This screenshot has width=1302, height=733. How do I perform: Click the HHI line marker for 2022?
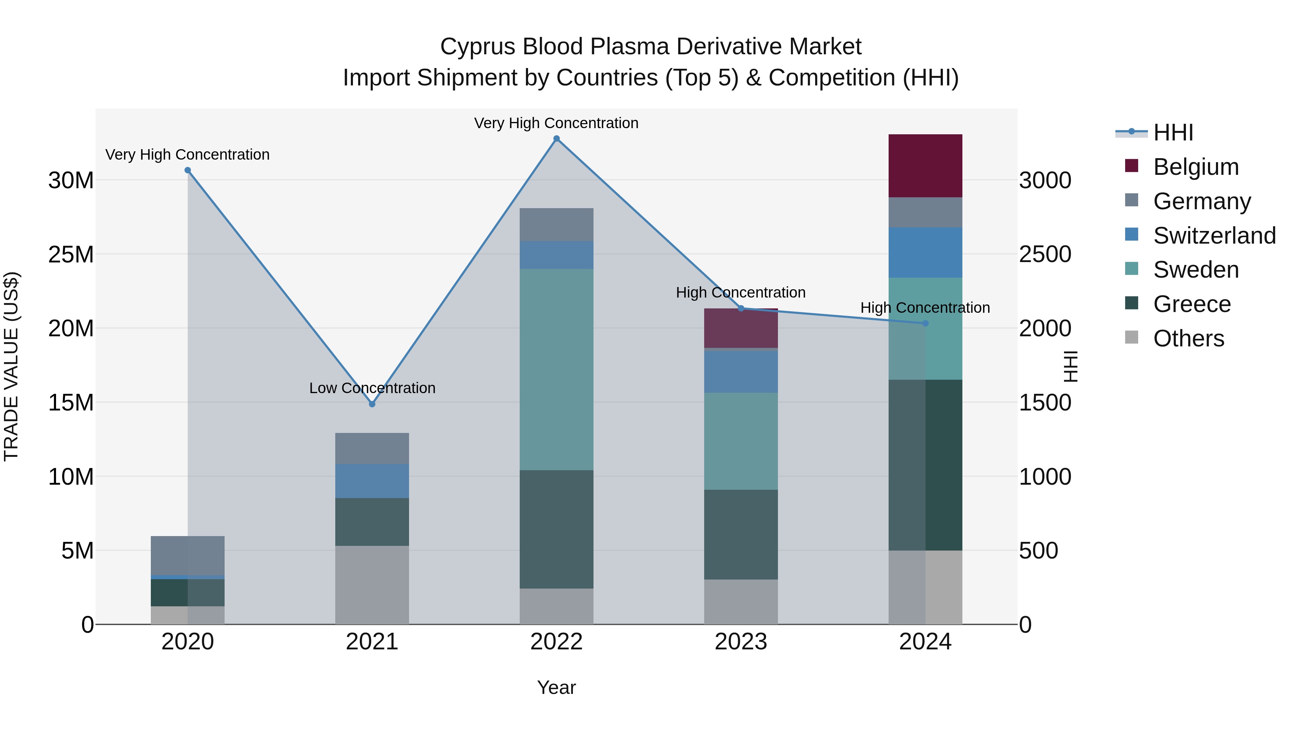[x=557, y=139]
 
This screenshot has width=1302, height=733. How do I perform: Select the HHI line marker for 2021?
[x=372, y=404]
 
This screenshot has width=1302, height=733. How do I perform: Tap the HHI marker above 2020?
[x=187, y=170]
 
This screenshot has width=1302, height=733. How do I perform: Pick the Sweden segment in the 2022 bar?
[x=557, y=369]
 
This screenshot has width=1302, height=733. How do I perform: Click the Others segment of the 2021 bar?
[x=372, y=585]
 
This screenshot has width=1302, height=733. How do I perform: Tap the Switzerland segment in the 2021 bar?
[x=372, y=481]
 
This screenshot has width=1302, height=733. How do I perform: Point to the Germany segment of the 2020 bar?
[x=187, y=555]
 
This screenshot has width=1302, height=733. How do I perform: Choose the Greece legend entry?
[x=1191, y=304]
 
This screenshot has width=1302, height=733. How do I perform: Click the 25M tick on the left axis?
[x=71, y=254]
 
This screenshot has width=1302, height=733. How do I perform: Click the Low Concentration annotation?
[x=372, y=388]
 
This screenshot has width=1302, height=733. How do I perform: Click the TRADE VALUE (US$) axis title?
[x=11, y=366]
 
